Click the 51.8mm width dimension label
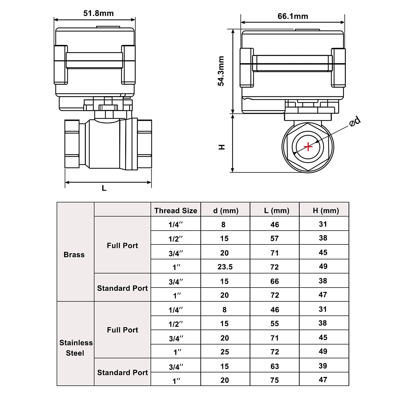point(98,13)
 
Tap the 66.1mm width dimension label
point(293,16)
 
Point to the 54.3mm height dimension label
point(221,71)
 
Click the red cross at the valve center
point(308,146)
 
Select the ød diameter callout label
point(355,121)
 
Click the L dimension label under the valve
point(104,188)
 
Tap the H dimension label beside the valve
point(222,147)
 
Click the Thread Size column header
point(176,211)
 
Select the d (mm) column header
point(226,211)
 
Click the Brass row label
point(74,255)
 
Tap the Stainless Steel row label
point(76,348)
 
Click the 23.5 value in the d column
point(225,267)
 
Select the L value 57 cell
point(275,238)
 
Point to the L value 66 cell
point(275,281)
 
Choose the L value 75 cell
point(275,380)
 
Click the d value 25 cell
point(225,352)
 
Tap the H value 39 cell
point(323,366)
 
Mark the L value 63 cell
point(275,366)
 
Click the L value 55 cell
point(275,323)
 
